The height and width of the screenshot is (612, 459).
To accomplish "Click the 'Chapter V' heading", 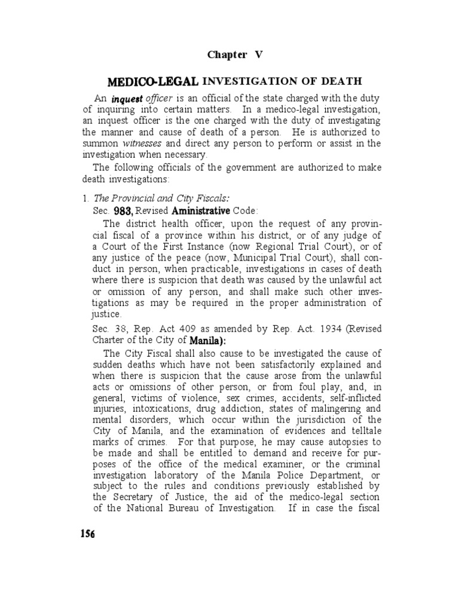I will (235, 55).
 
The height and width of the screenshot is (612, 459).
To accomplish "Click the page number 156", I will (87, 534).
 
